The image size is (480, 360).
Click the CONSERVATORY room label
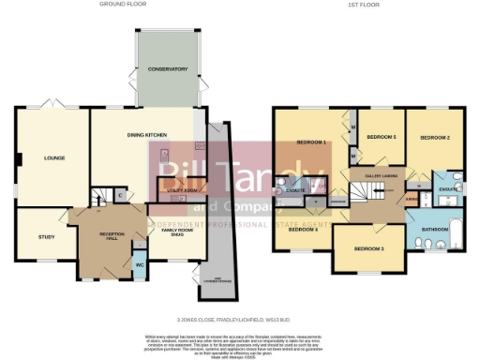tap(167, 69)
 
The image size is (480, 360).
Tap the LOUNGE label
tap(53, 158)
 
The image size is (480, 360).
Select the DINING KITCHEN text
tap(147, 136)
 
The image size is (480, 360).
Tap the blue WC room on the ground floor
tap(140, 262)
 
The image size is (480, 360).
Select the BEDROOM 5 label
tap(381, 137)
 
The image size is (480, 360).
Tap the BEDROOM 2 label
tap(435, 138)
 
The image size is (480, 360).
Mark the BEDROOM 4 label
tap(302, 229)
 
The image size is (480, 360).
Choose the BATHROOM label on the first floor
tap(435, 229)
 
